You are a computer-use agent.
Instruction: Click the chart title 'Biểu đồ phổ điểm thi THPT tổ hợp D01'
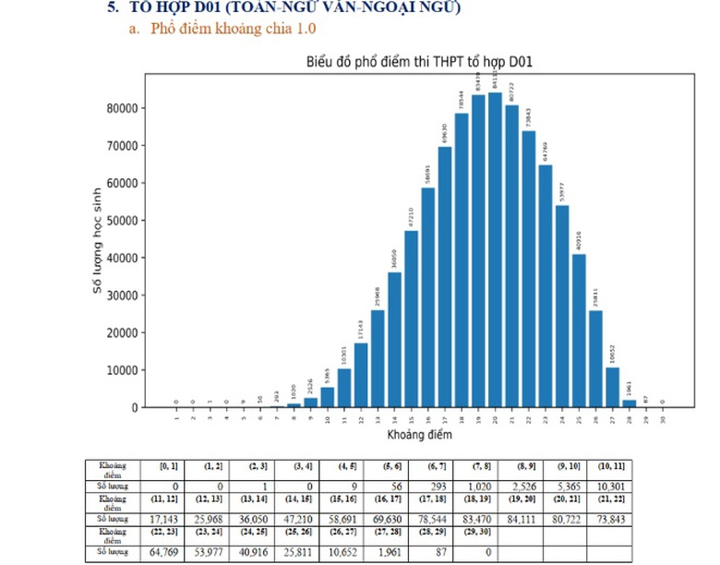pyautogui.click(x=420, y=62)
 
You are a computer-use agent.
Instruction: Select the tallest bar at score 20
pyautogui.click(x=495, y=249)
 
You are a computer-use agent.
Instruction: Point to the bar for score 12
pyautogui.click(x=361, y=375)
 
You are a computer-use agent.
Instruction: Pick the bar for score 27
pyautogui.click(x=612, y=387)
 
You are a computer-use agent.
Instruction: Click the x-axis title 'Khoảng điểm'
pyautogui.click(x=419, y=433)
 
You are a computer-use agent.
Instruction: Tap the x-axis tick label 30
pyautogui.click(x=663, y=417)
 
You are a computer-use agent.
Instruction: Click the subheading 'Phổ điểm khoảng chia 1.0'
pyautogui.click(x=230, y=30)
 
